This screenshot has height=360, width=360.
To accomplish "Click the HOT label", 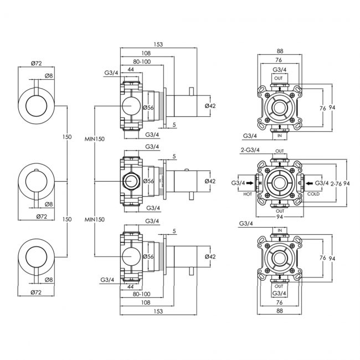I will pyautogui.click(x=247, y=194).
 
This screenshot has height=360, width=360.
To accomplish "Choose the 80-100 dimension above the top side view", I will pyautogui.click(x=142, y=61).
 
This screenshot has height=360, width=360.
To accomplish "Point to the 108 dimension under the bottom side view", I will pyautogui.click(x=145, y=303).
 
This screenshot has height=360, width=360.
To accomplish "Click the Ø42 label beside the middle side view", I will pyautogui.click(x=210, y=181).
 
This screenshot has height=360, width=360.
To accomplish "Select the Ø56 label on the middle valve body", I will pyautogui.click(x=148, y=181).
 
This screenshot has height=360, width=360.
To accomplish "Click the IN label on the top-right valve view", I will pyautogui.click(x=280, y=135).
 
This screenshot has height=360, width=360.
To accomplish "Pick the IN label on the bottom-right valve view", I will pyautogui.click(x=280, y=230).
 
